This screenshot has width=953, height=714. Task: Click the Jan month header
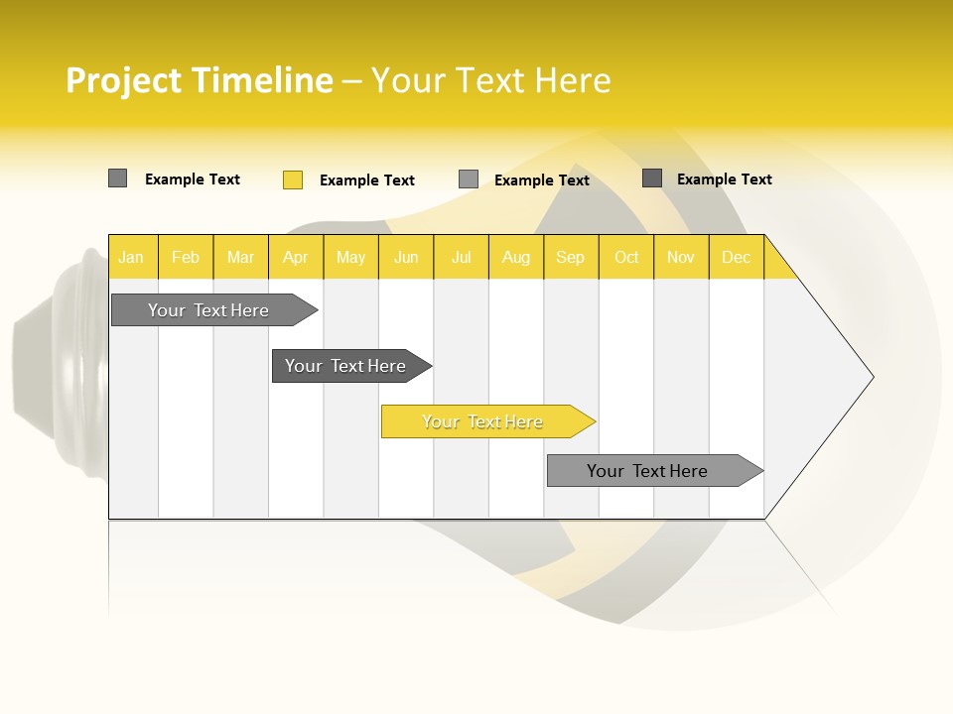(132, 257)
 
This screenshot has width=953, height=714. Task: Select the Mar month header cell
(240, 257)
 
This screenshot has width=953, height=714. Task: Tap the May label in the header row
(350, 257)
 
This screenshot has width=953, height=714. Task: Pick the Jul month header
(461, 257)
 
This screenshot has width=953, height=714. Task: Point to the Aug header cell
(515, 257)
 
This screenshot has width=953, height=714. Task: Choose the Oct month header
(626, 257)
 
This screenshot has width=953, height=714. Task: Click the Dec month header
(736, 257)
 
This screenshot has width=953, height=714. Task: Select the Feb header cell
(186, 257)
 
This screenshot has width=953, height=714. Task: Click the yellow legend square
(293, 179)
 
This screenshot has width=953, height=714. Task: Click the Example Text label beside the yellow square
(366, 180)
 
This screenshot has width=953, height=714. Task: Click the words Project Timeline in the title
(199, 80)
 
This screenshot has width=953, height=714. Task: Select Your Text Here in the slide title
(491, 80)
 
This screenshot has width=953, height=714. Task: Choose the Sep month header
(571, 257)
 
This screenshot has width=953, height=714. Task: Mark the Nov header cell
(681, 257)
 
